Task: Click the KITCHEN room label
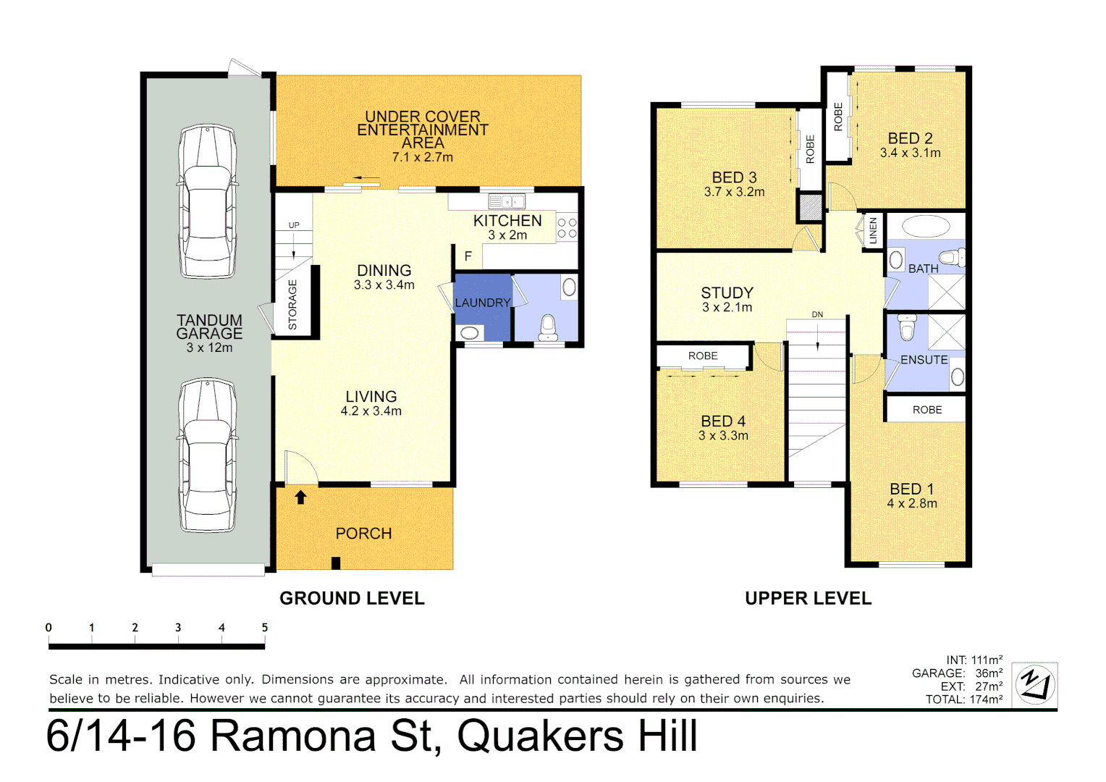point(507,221)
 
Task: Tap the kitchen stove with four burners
point(567,228)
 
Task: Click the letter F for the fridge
point(468,256)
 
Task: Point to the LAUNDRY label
point(483,303)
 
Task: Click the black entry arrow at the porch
point(301,497)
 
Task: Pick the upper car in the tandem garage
point(208,201)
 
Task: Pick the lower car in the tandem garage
point(208,455)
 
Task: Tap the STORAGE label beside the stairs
point(292,304)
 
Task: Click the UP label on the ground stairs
point(294,225)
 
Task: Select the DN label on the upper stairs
point(817,314)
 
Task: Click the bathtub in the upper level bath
point(926,226)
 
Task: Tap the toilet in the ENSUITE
point(907,327)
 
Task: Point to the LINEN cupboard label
point(873,230)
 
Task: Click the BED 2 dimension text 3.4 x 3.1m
point(910,153)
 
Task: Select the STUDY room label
point(727,293)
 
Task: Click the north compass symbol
point(1034,684)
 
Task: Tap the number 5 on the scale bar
point(265,628)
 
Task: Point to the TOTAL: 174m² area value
point(964,699)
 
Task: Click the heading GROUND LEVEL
point(352,598)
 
